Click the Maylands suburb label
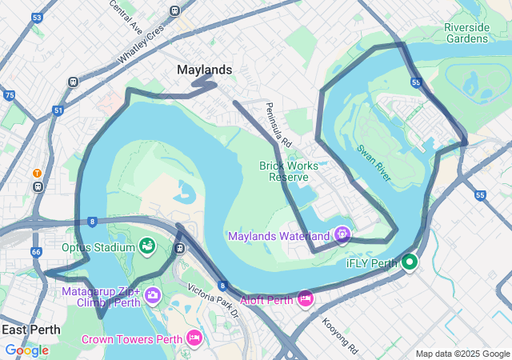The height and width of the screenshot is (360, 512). point(204,70)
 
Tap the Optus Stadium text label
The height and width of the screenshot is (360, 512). point(98,247)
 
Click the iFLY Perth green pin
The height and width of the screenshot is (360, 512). point(410,262)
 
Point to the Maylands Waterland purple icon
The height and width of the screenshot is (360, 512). point(342,234)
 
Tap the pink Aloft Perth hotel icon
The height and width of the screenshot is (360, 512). point(305,298)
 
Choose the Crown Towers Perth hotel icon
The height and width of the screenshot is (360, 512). point(194,338)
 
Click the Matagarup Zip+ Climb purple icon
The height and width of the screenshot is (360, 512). point(152,298)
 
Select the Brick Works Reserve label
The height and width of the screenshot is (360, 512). point(289,171)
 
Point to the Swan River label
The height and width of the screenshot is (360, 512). point(374,162)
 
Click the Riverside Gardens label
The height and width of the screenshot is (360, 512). point(466,33)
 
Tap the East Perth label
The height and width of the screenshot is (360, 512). point(30,330)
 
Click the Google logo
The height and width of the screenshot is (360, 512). point(26,350)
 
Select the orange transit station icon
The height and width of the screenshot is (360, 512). point(37,173)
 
